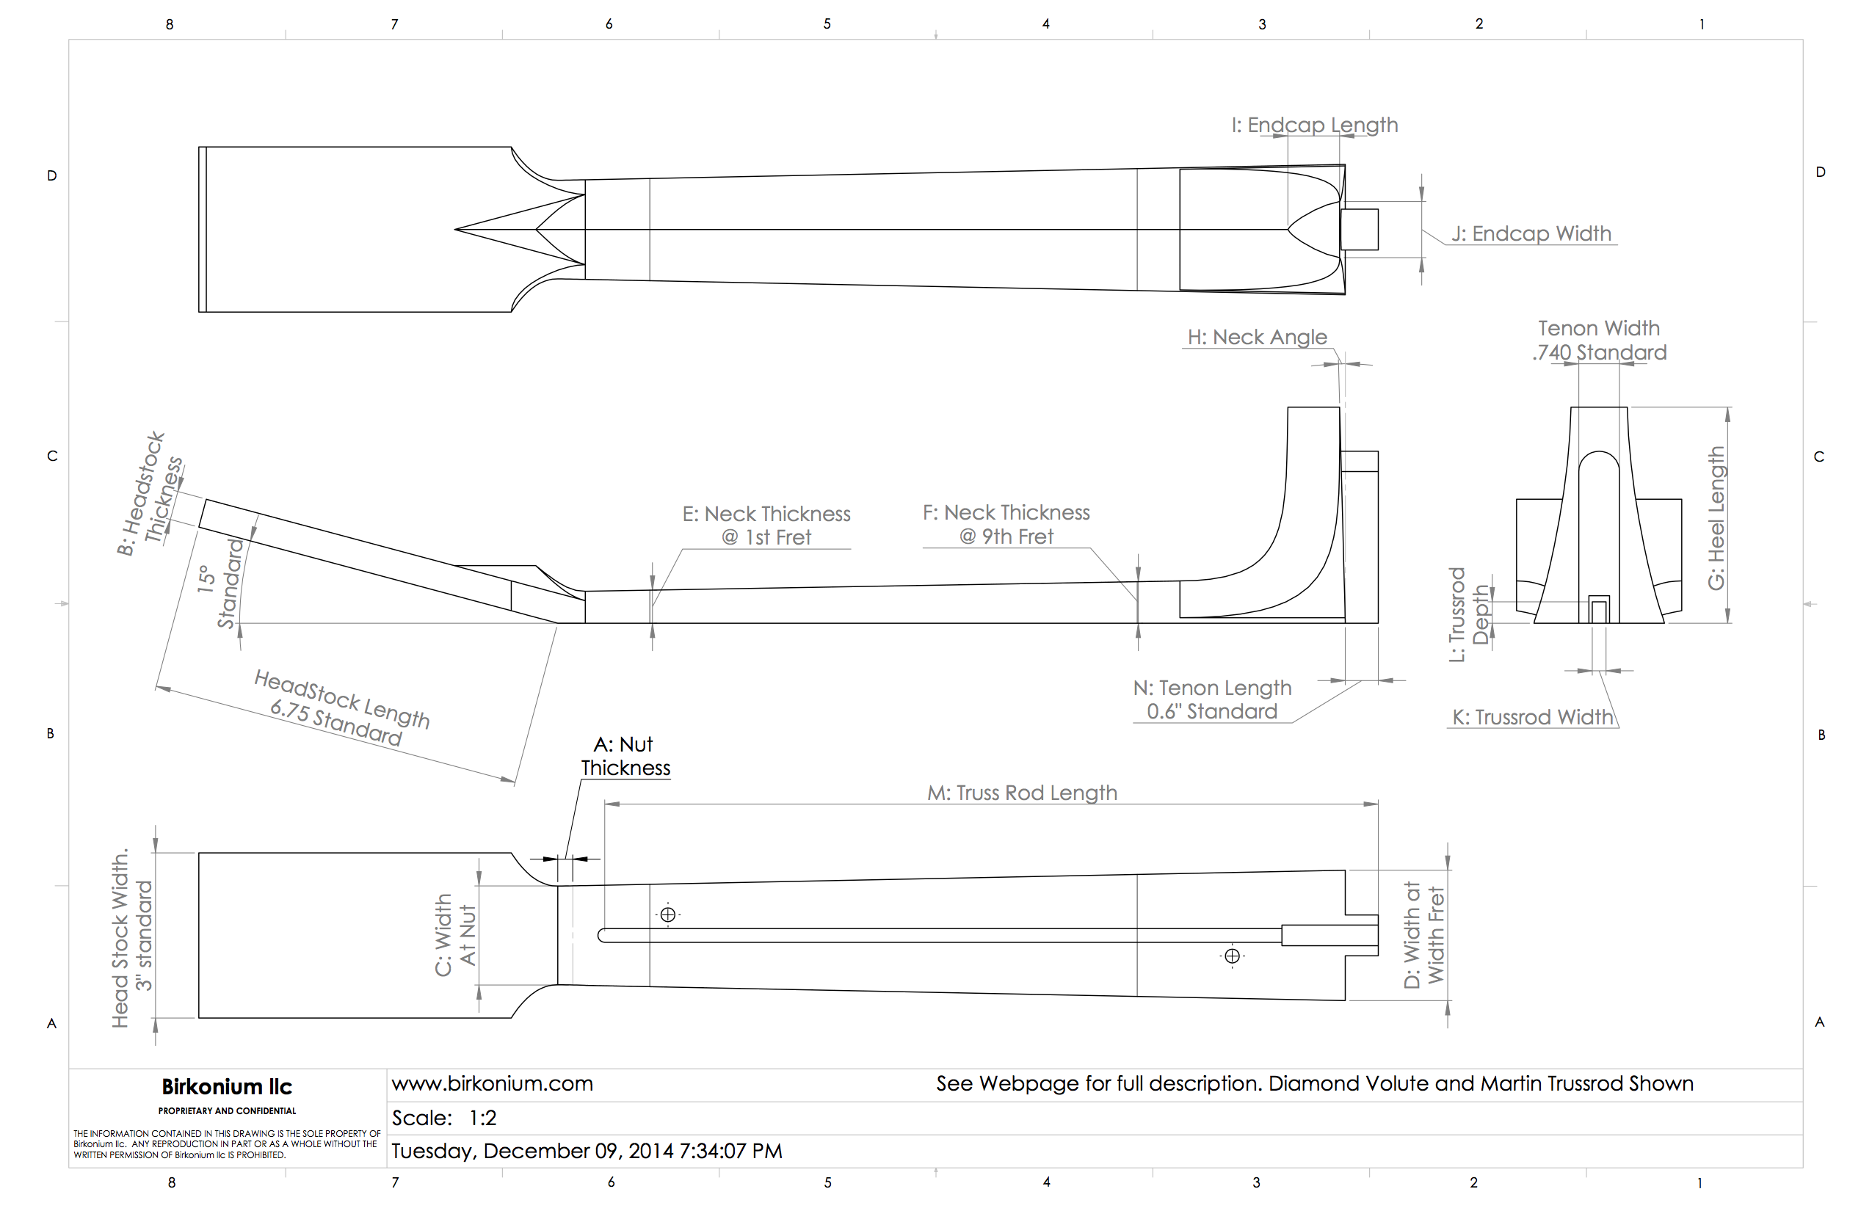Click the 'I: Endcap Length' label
click(1314, 125)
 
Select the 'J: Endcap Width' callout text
click(1531, 233)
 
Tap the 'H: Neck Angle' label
click(1257, 338)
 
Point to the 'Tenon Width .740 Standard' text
click(1599, 340)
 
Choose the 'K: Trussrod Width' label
click(1532, 717)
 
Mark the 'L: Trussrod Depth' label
click(1469, 614)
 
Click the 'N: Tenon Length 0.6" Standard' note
click(1212, 699)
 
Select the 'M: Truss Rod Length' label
click(1022, 793)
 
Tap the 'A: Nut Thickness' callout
click(625, 756)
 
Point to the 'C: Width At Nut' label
click(455, 934)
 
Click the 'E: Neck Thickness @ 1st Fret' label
click(766, 526)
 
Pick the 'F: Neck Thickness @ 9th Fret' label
click(1006, 525)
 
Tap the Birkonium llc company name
click(227, 1087)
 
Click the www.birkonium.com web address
click(493, 1083)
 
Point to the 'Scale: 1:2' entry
click(444, 1117)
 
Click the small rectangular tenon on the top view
click(1359, 230)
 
